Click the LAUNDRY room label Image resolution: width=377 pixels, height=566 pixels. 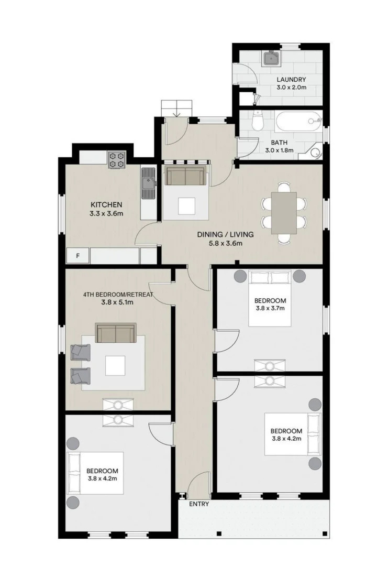tap(291, 80)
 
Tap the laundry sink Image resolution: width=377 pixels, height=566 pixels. tap(271, 58)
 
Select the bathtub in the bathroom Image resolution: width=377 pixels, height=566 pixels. tap(297, 122)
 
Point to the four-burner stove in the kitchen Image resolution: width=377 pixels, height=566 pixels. tap(117, 160)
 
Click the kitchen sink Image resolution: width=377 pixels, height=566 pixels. tap(148, 183)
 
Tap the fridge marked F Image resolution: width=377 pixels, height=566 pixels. tap(78, 256)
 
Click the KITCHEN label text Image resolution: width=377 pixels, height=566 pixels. tap(106, 205)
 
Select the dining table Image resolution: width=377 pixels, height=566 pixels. tap(284, 213)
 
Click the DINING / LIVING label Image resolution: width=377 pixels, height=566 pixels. tap(225, 235)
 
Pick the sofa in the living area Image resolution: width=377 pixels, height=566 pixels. tap(185, 176)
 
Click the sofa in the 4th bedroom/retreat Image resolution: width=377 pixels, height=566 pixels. tap(116, 333)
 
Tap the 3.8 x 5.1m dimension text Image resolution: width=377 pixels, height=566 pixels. tap(117, 302)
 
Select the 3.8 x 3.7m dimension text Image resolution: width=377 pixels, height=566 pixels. tap(270, 308)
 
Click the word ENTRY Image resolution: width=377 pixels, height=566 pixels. tap(199, 504)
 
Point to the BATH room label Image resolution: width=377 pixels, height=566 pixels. tap(279, 143)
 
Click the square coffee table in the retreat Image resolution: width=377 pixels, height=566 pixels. tap(115, 366)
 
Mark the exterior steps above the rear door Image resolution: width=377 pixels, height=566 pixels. tap(176, 108)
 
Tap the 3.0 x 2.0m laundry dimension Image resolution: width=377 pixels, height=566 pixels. tap(292, 88)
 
